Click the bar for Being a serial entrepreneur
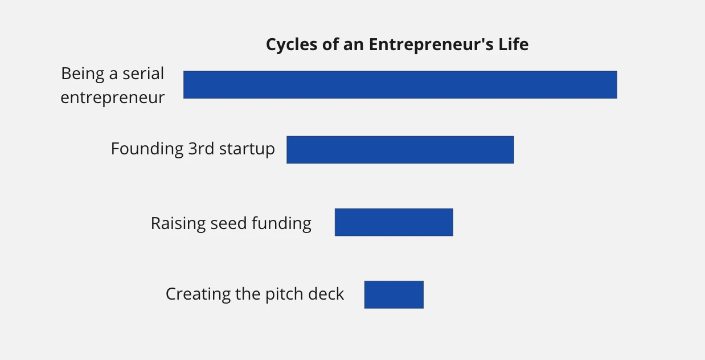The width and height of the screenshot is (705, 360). click(x=400, y=85)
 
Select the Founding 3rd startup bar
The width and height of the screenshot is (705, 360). click(x=400, y=150)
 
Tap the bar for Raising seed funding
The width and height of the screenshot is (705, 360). click(x=394, y=222)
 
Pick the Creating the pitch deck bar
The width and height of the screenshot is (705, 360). click(x=394, y=294)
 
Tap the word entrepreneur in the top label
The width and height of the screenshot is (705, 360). click(x=113, y=98)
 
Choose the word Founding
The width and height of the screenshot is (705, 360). click(x=147, y=149)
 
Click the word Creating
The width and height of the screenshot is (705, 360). click(x=198, y=294)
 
